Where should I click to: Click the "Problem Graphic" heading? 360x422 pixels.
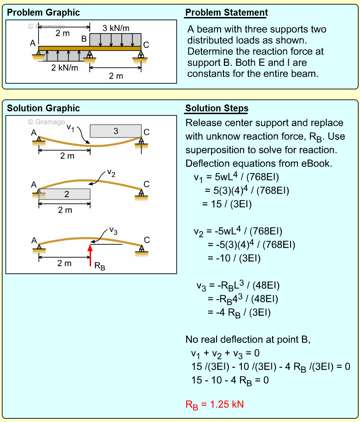[x=43, y=12]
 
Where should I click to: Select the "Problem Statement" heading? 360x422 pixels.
[x=226, y=12]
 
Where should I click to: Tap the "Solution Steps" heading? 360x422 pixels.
[x=217, y=109]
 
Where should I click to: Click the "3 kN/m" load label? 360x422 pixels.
[x=115, y=28]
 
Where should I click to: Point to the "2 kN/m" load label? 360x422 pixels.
[x=64, y=68]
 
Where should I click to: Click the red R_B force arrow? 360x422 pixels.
[x=90, y=254]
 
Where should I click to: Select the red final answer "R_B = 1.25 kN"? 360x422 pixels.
[x=214, y=405]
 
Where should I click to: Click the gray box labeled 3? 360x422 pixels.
[x=115, y=131]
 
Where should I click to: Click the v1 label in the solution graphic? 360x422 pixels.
[x=70, y=127]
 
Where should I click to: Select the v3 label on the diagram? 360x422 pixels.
[x=113, y=231]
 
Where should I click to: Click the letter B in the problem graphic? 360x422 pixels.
[x=84, y=39]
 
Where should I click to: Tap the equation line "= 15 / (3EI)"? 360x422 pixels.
[x=227, y=203]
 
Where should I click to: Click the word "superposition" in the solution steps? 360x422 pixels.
[x=218, y=150]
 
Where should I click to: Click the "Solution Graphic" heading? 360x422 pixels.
[x=43, y=109]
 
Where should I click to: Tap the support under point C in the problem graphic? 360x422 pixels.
[x=141, y=58]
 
